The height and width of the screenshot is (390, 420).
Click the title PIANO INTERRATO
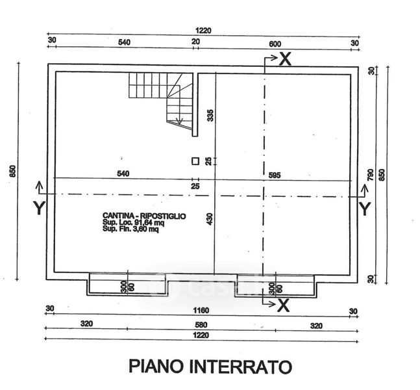[209, 367]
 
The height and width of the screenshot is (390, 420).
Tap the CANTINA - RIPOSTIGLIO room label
[144, 215]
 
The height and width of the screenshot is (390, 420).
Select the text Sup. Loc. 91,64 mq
[134, 222]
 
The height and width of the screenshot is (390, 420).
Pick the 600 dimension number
[275, 42]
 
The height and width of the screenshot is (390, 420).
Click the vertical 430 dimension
[209, 220]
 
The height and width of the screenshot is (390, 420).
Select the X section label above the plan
[284, 59]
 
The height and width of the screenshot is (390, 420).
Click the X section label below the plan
[283, 304]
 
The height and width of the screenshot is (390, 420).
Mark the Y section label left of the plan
[38, 208]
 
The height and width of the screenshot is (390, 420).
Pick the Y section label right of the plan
[365, 208]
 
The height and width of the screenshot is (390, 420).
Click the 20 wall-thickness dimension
[195, 42]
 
